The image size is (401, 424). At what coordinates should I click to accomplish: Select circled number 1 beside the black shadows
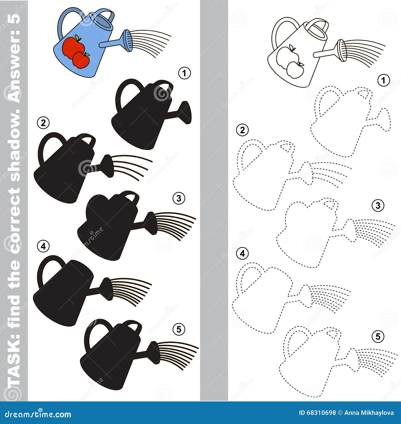click(x=185, y=73)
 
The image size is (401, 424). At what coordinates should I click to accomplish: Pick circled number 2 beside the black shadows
click(x=43, y=123)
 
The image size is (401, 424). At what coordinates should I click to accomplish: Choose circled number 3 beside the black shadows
click(x=179, y=198)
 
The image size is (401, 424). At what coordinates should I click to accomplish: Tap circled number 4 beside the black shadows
click(x=43, y=246)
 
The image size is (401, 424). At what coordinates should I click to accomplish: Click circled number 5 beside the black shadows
click(x=179, y=329)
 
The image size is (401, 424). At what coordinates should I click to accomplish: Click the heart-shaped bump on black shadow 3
click(x=100, y=201)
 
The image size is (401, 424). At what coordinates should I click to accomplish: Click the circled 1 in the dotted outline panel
click(x=383, y=81)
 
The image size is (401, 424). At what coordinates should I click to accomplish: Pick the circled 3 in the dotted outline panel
click(x=378, y=206)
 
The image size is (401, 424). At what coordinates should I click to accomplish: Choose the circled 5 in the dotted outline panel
click(x=378, y=336)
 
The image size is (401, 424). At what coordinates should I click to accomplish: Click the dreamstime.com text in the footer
click(x=38, y=414)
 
